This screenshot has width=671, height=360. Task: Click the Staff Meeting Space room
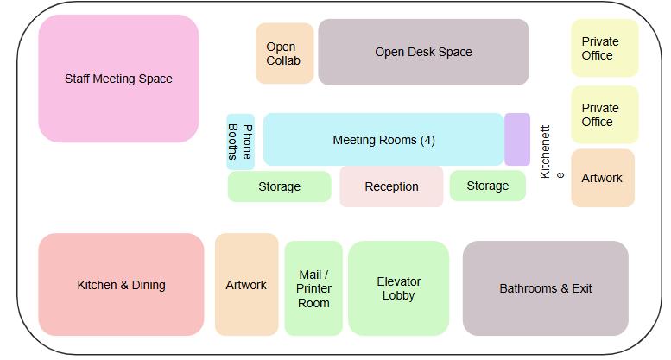coord(118,79)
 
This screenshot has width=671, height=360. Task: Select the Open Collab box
coord(284,54)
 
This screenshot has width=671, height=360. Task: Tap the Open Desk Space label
coord(423,52)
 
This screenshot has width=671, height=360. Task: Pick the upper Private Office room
coord(605,48)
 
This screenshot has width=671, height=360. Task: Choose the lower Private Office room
coord(605,115)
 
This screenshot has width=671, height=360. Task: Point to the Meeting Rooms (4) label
coord(383,140)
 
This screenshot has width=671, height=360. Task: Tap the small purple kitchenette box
coord(516,139)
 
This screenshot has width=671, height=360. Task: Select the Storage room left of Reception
coord(279,186)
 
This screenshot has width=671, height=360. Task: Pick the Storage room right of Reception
coord(487,186)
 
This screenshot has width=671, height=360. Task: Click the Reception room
coord(391,186)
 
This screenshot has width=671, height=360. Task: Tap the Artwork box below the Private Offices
coord(602,178)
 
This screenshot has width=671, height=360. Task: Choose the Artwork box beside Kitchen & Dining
coord(246,285)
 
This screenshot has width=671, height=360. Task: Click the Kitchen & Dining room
coord(121,285)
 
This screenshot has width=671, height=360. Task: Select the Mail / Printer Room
coord(313,288)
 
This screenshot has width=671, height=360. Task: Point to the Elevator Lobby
coord(398,288)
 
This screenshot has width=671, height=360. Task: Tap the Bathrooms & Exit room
coord(545,288)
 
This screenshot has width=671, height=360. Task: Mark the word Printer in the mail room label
coord(313,289)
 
